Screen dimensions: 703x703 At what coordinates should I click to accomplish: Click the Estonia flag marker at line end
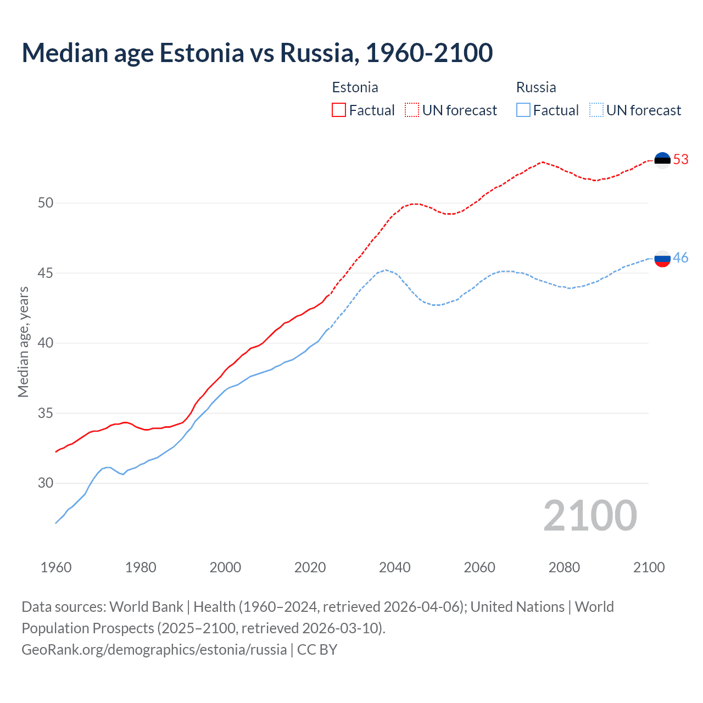pos(662,160)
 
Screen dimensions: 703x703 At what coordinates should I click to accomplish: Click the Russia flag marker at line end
pos(662,258)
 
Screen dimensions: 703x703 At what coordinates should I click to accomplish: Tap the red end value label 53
pos(681,160)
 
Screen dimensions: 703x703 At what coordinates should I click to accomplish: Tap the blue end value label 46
pos(681,258)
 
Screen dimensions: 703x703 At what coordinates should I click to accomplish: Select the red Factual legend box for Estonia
pos(339,110)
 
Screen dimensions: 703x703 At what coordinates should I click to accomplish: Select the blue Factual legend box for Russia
pos(523,110)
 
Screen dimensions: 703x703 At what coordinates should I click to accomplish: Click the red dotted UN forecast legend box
pos(412,110)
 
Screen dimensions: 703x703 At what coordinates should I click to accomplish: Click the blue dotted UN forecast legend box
pos(596,110)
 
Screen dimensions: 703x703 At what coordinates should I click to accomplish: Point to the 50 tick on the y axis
pos(46,203)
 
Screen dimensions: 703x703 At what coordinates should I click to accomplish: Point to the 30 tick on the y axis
pos(46,483)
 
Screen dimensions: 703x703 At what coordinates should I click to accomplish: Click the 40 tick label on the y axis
pos(46,343)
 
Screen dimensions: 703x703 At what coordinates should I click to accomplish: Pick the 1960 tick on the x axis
pos(56,567)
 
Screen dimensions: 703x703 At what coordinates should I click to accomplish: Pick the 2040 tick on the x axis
pos(395,567)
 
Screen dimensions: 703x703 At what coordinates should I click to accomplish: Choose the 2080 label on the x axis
pos(564,567)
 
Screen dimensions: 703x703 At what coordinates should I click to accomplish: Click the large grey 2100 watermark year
pos(590,516)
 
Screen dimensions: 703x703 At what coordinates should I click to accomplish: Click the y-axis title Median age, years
pos(23,342)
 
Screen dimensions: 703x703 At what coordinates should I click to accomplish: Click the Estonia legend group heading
pos(355,87)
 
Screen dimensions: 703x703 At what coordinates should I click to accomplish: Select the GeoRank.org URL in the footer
pos(154,650)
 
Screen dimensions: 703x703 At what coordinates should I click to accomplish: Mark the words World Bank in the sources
pos(146,607)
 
